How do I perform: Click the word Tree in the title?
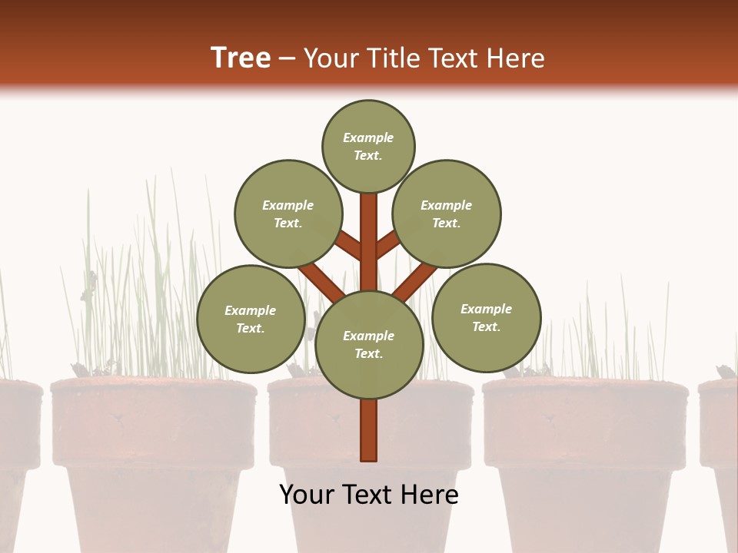pos(241,58)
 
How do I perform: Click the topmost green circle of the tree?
pos(368,146)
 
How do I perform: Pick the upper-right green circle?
pos(447,214)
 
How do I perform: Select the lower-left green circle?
pos(251,319)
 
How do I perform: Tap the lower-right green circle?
pos(486,317)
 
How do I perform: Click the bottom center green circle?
pos(369,344)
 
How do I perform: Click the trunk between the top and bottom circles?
pos(369,242)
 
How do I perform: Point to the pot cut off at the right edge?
pos(721,430)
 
